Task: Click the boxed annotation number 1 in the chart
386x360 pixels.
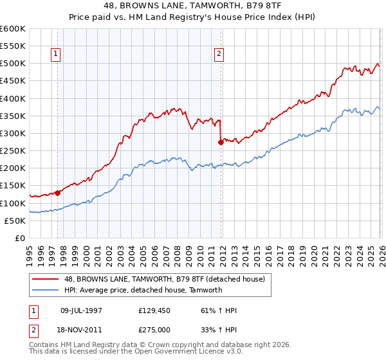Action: (x=57, y=54)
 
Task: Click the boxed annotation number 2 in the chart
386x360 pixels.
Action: (x=219, y=54)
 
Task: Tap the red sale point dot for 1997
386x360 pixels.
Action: (x=57, y=192)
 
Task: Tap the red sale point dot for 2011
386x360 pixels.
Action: (x=221, y=142)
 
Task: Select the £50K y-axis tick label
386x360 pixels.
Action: (x=15, y=221)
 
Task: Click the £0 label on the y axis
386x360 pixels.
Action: (x=20, y=238)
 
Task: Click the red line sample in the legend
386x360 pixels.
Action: (x=45, y=278)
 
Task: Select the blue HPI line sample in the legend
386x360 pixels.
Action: (x=45, y=290)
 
